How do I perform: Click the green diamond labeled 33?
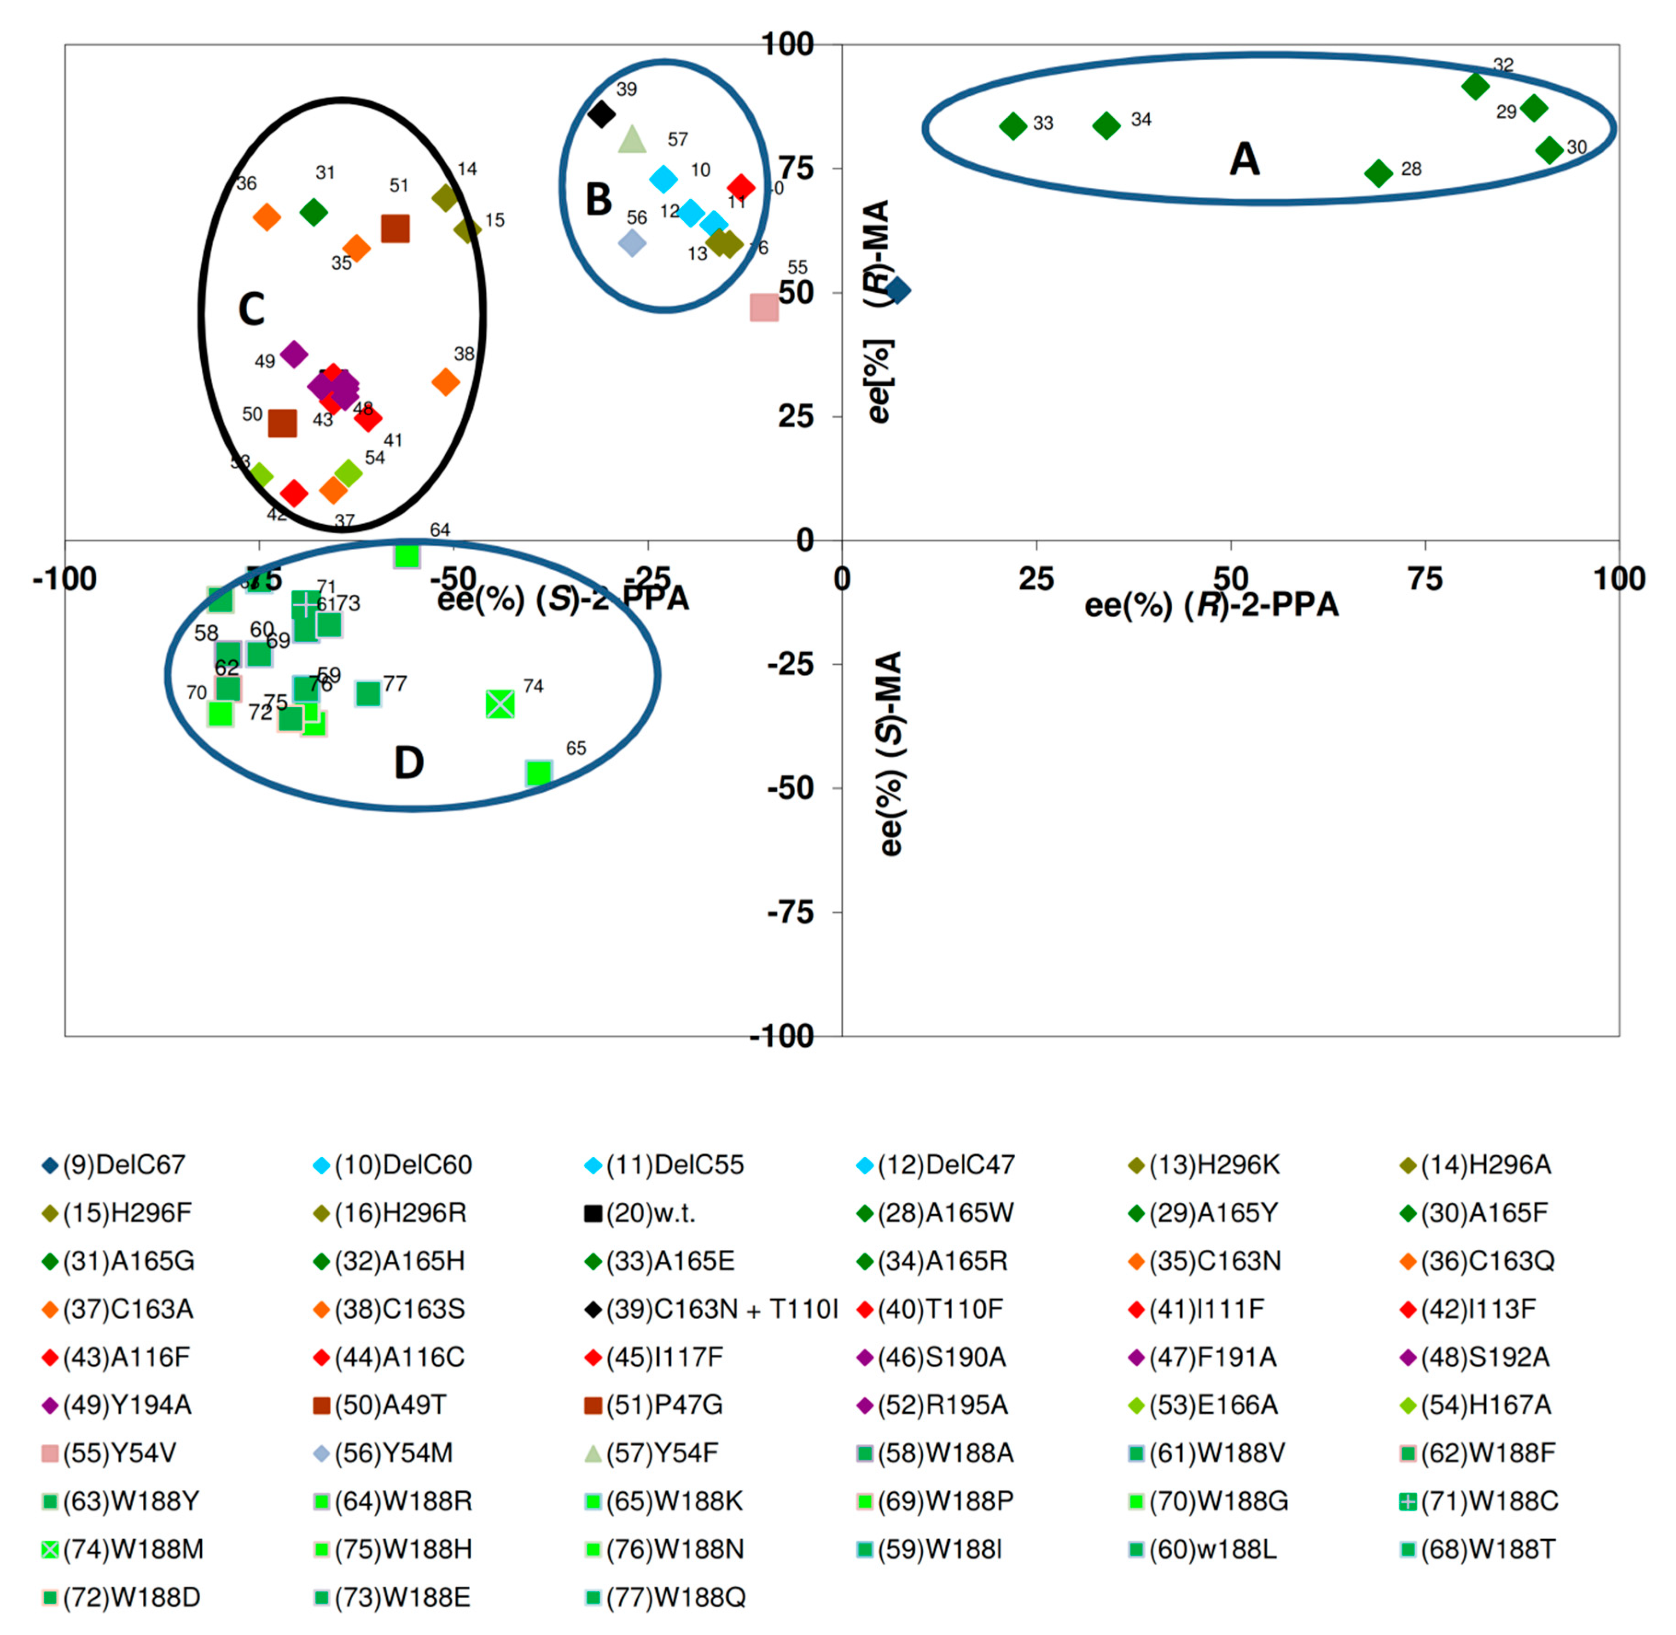(1014, 126)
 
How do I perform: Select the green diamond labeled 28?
(1378, 174)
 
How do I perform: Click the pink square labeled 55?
(764, 307)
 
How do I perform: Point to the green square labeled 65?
(539, 773)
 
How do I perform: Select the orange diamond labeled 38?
(445, 382)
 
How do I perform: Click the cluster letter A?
(1245, 160)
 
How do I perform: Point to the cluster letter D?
(409, 762)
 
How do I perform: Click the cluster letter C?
(251, 309)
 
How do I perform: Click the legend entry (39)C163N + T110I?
(711, 1310)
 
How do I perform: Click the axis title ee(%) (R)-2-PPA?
(1211, 605)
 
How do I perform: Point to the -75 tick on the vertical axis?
(790, 912)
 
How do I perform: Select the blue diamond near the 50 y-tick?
(898, 290)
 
